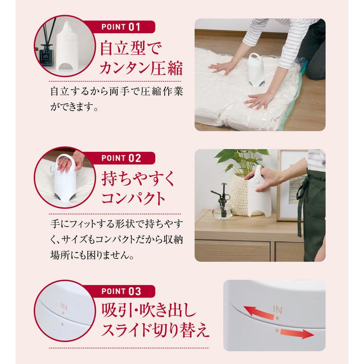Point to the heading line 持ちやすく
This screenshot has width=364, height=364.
pyautogui.click(x=136, y=180)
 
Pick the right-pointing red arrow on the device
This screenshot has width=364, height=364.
pyautogui.click(x=293, y=335)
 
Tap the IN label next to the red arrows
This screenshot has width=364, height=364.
pyautogui.click(x=277, y=309)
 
